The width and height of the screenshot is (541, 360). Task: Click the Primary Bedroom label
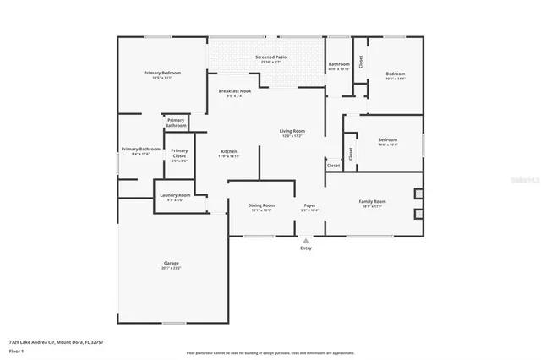162,74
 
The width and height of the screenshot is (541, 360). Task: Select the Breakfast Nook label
235,91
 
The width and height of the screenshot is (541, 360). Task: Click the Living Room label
292,131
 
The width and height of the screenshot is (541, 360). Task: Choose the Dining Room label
261,205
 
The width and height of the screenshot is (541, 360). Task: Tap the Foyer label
310,205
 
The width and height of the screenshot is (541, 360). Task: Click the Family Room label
372,201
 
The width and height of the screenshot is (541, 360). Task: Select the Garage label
171,264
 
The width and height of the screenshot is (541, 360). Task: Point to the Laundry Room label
175,195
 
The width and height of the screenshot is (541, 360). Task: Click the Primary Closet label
179,153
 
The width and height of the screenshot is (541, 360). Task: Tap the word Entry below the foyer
306,248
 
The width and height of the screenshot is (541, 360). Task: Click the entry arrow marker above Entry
306,240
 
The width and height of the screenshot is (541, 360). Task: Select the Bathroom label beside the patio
339,64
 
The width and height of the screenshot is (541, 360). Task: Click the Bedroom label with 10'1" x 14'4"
396,74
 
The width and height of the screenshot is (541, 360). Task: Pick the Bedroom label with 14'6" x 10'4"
387,139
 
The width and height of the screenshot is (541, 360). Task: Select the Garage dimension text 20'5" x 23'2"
171,269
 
